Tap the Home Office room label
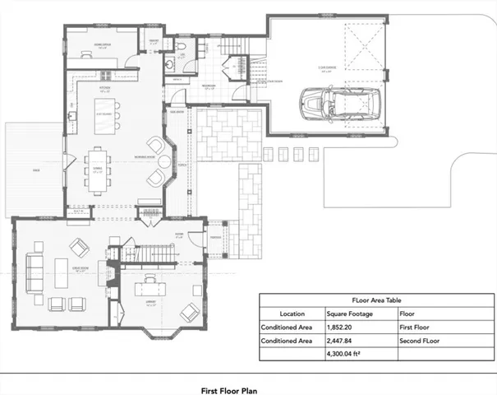(104, 46)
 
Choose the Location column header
(292, 314)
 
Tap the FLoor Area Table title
(378, 300)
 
